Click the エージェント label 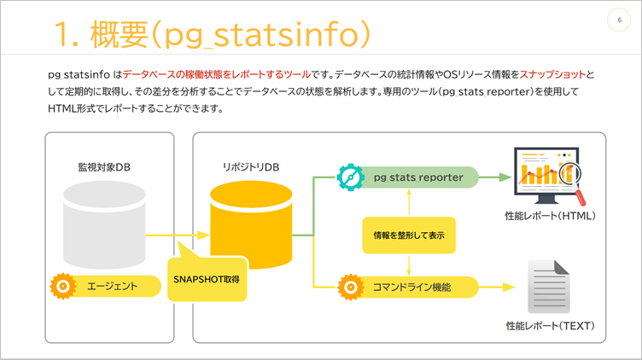coord(113,286)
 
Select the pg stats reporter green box coord(418,177)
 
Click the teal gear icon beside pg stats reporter coord(351,177)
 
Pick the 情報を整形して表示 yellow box coord(409,234)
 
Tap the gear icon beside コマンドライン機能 coord(350,286)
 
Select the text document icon coord(547,285)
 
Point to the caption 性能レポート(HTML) coord(549,216)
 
